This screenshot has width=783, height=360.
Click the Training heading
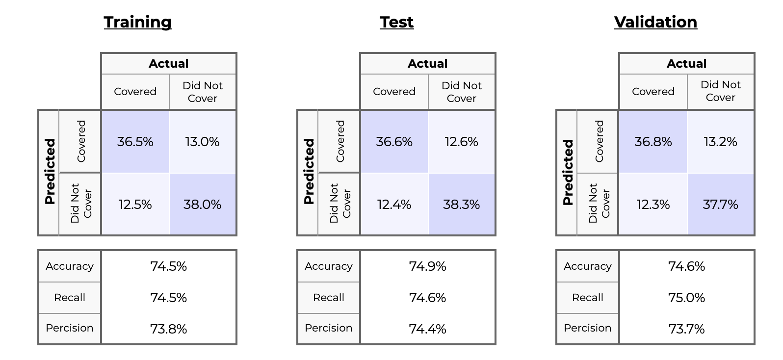pos(138,22)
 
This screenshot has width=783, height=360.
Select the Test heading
pos(396,22)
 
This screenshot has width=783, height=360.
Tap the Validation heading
pos(655,22)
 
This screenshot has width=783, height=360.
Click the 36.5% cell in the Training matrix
pos(135,142)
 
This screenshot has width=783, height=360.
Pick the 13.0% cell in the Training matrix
pos(202,142)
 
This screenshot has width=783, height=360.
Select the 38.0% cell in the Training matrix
pos(202,204)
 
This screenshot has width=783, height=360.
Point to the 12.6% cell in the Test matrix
pos(461,142)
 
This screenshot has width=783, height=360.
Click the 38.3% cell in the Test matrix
pos(461,204)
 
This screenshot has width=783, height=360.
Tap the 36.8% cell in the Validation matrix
pos(653,142)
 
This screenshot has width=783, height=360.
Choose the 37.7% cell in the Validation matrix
pos(720,204)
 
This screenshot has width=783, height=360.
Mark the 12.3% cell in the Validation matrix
pos(653,204)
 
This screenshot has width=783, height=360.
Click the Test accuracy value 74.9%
pos(427,266)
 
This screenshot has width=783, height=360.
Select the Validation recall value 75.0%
pos(686,298)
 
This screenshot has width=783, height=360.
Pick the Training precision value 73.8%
pos(168,329)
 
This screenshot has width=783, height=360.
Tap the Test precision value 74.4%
pos(427,329)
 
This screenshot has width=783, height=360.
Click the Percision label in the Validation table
pos(587,328)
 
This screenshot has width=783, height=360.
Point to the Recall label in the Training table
pos(70,298)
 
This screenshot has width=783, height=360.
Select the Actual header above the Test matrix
pos(427,64)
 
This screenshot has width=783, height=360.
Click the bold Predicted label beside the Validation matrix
pos(568,172)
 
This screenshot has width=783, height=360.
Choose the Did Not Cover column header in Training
pos(202,92)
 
